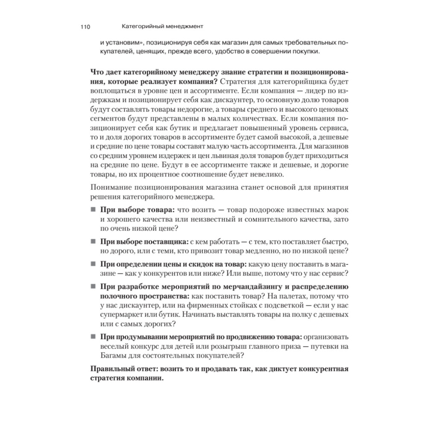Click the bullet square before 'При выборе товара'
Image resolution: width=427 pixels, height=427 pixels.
pyautogui.click(x=93, y=210)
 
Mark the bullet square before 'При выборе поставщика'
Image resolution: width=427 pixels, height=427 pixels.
pyautogui.click(x=93, y=242)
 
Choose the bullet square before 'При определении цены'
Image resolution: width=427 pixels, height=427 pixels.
pyautogui.click(x=93, y=263)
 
